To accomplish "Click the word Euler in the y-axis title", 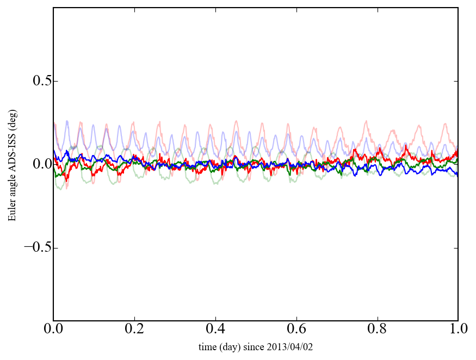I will (11, 211).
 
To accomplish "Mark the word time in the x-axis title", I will (207, 347).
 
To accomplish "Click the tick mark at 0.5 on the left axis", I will (55, 81).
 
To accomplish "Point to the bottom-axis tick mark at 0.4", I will (215, 319).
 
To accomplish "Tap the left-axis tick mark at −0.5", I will (55, 247).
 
